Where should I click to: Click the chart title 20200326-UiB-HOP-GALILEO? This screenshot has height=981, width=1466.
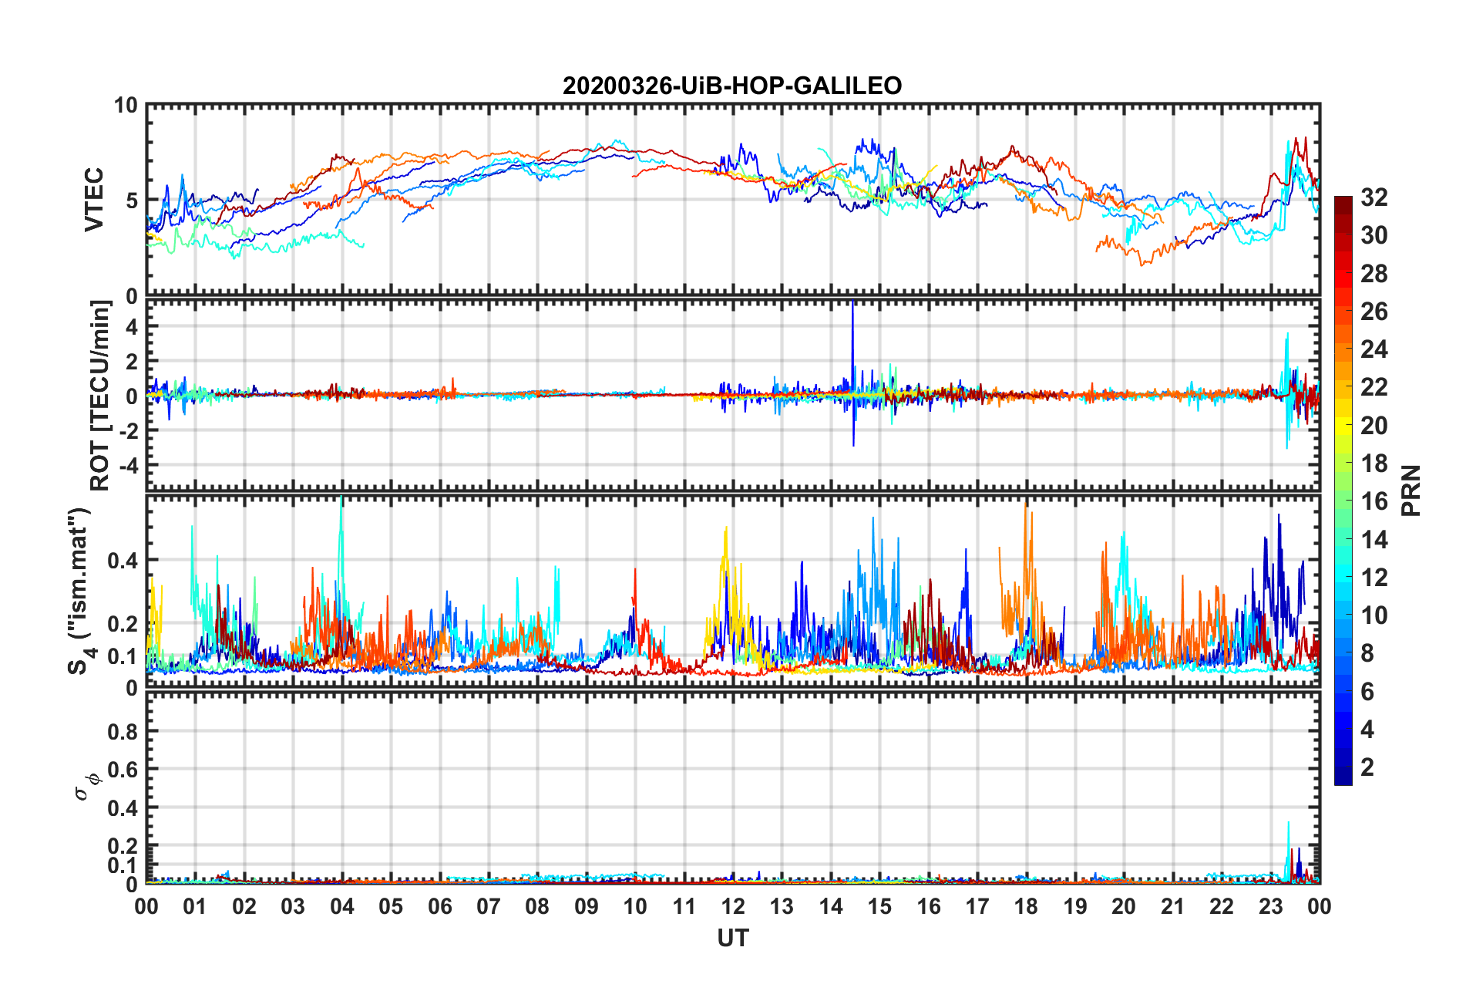click(731, 86)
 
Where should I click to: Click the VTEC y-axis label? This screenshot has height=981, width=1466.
click(94, 200)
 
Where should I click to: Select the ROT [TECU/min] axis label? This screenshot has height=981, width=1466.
click(100, 396)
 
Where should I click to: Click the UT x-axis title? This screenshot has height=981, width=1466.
click(732, 938)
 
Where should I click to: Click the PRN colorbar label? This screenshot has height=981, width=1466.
click(1411, 490)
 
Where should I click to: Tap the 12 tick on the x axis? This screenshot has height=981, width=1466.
click(733, 906)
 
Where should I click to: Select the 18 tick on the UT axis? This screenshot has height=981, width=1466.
click(1026, 906)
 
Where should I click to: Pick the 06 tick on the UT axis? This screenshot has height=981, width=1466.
click(439, 906)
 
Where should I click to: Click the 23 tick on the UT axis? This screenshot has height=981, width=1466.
click(1270, 906)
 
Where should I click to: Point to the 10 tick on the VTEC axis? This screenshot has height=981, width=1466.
click(126, 106)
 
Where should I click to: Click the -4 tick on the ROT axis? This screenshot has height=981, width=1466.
click(128, 465)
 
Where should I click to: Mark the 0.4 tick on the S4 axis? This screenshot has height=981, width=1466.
click(123, 561)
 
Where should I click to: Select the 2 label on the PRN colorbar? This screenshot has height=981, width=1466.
click(1367, 767)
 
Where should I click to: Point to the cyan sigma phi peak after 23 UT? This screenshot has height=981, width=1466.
click(1288, 825)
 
